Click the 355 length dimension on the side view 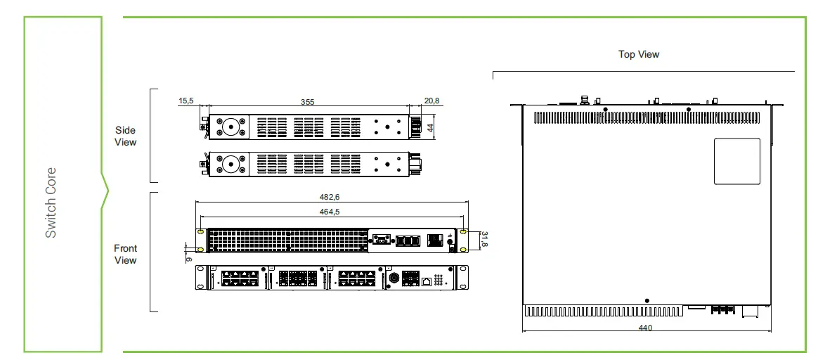[307, 102]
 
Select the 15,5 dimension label [186, 101]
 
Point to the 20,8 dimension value [432, 101]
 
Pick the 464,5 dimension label [332, 212]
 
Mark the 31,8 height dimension [483, 240]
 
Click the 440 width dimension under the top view [645, 328]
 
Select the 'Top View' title [639, 54]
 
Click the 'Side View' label [125, 136]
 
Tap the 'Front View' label [125, 254]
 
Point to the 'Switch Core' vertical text [51, 202]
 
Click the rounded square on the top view [736, 161]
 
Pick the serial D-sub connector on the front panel [382, 240]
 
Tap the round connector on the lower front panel [395, 278]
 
